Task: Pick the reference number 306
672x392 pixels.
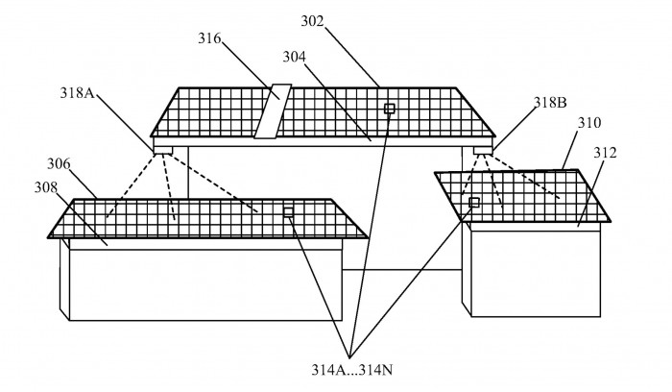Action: (59, 164)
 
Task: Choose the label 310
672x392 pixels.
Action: (588, 125)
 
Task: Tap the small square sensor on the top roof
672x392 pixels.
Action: (389, 109)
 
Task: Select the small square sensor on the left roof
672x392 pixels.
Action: (288, 211)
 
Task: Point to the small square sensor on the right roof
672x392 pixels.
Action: (473, 203)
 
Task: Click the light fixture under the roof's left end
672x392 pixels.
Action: (162, 149)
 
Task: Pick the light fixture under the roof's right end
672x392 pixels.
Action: (482, 150)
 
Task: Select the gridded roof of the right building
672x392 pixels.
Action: (523, 197)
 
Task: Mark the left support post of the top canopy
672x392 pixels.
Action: (187, 173)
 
